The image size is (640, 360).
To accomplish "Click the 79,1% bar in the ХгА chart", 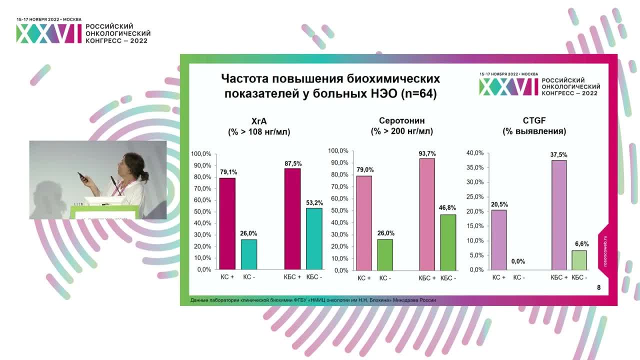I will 227,223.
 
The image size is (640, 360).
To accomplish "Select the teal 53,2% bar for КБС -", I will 314,238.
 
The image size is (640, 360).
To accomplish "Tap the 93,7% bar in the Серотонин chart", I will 426,214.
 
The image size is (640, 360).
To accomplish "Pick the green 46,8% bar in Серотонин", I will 448,242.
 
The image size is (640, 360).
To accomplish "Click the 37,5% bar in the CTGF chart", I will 558,215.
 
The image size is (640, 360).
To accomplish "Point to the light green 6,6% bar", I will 579,260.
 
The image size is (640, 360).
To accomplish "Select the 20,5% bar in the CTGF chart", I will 499,239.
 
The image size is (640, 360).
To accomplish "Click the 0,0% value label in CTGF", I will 518,261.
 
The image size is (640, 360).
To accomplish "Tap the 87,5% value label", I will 292,163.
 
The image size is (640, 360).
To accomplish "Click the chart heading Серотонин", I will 401,120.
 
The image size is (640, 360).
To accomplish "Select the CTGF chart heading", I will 534,120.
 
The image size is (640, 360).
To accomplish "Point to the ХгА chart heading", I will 259,120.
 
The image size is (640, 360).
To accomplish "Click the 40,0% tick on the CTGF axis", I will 475,153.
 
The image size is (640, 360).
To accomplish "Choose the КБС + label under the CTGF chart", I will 559,277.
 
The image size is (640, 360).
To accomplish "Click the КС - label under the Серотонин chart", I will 385,278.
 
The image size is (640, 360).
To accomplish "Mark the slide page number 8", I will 599,287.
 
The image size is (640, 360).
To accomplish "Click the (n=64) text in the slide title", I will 418,93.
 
